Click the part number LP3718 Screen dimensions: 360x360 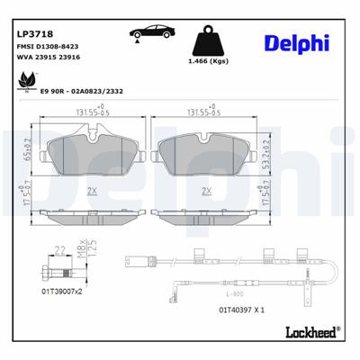(33, 35)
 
